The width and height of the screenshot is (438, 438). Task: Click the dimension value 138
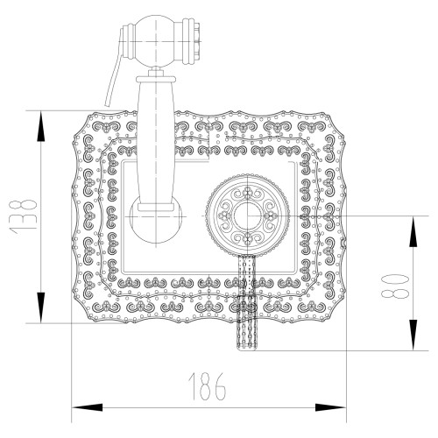click(x=28, y=215)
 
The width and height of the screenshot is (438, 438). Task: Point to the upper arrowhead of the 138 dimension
click(x=41, y=121)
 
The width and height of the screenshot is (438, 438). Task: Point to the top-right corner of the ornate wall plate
click(x=342, y=115)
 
